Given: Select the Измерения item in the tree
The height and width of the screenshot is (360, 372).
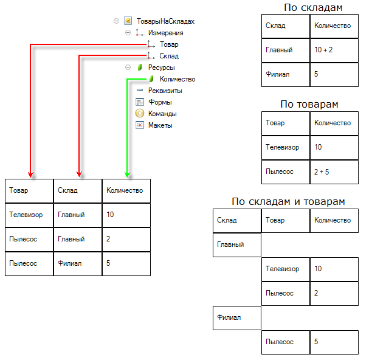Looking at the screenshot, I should pyautogui.click(x=165, y=33).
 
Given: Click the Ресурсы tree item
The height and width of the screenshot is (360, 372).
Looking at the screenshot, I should pyautogui.click(x=161, y=67).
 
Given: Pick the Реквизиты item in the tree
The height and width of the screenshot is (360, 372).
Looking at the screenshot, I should pyautogui.click(x=165, y=91).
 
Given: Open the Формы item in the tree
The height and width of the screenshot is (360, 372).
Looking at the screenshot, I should pyautogui.click(x=160, y=102).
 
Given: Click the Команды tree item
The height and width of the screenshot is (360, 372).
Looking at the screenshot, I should pyautogui.click(x=162, y=114).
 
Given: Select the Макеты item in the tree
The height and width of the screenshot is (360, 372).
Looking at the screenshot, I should pyautogui.click(x=160, y=125).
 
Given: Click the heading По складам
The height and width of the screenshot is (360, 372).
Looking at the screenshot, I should pyautogui.click(x=312, y=8).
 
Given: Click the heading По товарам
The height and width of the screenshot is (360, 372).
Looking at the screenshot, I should pyautogui.click(x=309, y=104).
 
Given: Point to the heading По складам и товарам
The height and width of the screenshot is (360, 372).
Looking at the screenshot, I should pyautogui.click(x=288, y=201).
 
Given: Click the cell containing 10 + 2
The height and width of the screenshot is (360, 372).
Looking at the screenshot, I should pyautogui.click(x=333, y=50).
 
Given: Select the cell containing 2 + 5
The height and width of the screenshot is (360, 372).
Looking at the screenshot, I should pyautogui.click(x=333, y=171).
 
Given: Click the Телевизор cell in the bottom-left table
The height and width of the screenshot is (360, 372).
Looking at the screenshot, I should pyautogui.click(x=29, y=215).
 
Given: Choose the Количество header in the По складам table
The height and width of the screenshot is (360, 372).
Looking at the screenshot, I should pyautogui.click(x=333, y=26).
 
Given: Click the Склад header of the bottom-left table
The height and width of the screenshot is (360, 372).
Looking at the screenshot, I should pyautogui.click(x=77, y=190).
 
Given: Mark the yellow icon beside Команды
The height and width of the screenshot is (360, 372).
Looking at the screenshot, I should pyautogui.click(x=140, y=114).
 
